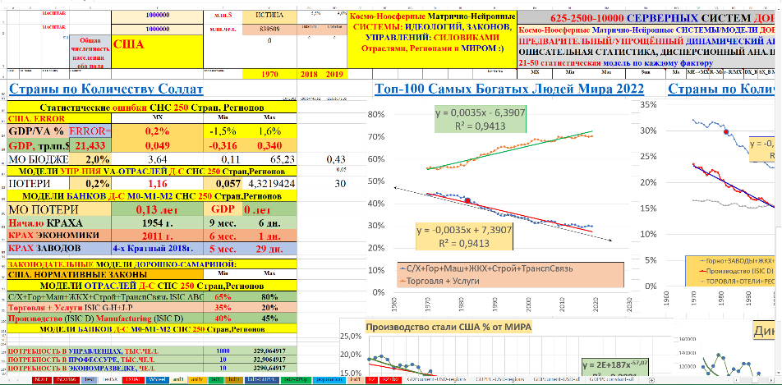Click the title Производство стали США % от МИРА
[440, 327]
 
